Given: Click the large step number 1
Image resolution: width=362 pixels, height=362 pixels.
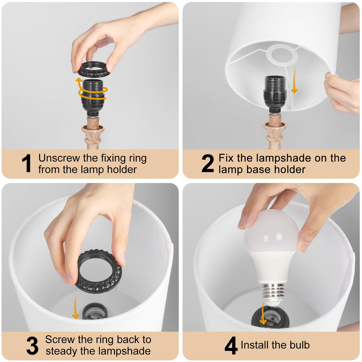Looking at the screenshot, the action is tap(27, 163).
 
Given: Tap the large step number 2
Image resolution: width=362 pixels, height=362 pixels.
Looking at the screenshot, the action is tap(208, 163).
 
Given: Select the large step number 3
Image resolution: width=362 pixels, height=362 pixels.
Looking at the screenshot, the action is tap(32, 346).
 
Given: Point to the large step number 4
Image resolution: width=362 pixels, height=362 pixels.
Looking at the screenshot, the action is tap(231, 345).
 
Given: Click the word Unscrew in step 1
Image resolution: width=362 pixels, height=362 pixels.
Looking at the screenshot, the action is tap(59, 158).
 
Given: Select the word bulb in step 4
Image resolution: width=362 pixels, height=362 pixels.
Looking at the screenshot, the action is tap(300, 345).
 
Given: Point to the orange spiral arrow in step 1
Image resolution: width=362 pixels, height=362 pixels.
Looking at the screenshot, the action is tap(92, 90).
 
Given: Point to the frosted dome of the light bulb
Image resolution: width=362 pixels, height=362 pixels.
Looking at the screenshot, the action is tap(271, 231).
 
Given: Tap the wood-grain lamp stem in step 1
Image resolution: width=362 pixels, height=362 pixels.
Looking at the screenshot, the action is tap(93, 133).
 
